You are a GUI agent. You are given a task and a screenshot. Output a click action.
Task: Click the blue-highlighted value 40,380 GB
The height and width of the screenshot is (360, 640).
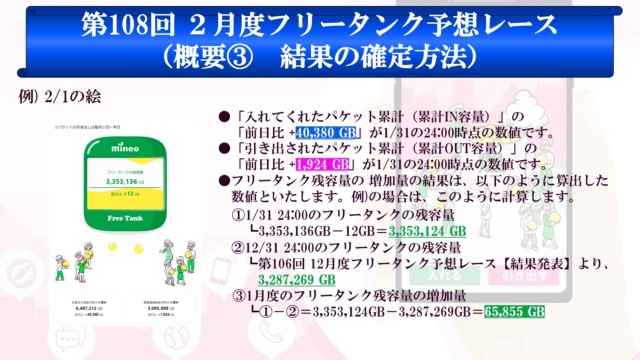tap(326, 133)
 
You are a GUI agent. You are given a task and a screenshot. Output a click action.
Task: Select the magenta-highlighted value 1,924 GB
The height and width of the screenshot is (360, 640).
tap(322, 164)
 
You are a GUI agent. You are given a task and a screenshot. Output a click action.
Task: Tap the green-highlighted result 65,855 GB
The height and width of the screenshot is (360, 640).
tap(514, 312)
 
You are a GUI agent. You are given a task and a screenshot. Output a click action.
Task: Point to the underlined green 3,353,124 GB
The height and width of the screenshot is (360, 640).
tap(427, 231)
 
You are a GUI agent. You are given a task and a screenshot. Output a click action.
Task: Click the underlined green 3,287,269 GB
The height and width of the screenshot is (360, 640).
tap(297, 280)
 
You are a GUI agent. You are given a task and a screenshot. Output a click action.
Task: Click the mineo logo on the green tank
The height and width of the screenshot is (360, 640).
tap(125, 148)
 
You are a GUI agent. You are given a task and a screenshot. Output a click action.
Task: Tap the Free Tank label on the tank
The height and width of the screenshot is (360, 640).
tap(125, 218)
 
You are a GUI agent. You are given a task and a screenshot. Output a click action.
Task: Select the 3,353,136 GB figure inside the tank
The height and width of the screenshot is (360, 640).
tap(125, 182)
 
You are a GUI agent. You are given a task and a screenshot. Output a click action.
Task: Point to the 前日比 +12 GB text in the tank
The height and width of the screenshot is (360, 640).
tap(125, 194)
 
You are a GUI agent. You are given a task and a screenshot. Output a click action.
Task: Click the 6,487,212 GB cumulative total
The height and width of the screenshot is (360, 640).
tap(89, 308)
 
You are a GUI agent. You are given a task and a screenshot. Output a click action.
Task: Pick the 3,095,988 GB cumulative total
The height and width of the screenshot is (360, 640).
tap(161, 308)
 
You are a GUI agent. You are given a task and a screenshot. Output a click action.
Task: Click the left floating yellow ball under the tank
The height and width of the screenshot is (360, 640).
tap(113, 246)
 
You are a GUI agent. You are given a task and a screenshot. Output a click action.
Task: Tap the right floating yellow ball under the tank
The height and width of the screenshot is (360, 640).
tap(139, 249)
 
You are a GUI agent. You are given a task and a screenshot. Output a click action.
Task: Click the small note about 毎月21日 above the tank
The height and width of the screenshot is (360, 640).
tap(87, 127)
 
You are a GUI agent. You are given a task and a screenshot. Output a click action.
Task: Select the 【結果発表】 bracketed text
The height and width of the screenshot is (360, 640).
tap(537, 264)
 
